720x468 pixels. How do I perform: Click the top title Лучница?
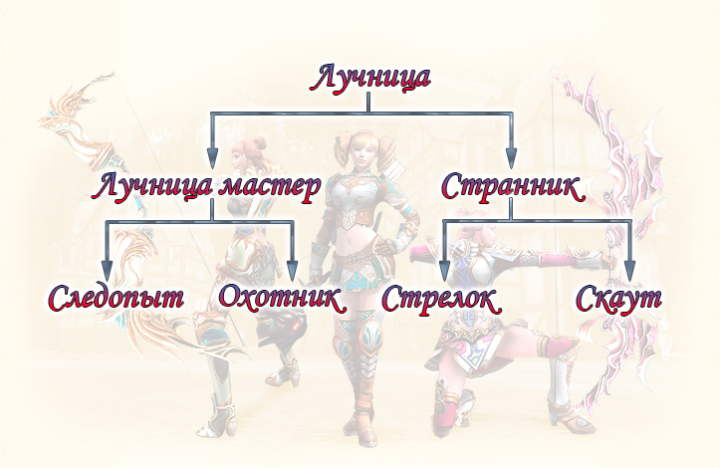372,77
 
